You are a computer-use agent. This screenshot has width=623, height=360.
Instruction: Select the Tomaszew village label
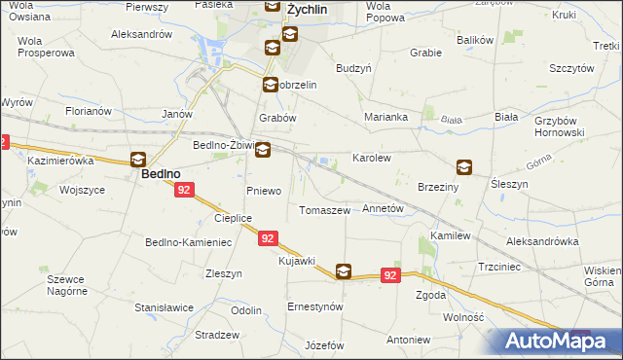324,210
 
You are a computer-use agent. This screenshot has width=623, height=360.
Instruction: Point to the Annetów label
383,209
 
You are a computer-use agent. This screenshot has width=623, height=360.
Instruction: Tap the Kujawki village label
297,261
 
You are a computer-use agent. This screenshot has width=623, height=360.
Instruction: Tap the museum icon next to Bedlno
138,160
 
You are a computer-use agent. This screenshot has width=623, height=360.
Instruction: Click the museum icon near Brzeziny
464,166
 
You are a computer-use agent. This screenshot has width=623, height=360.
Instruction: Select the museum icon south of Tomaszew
344,272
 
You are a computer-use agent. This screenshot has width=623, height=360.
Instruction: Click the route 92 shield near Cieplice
270,237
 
